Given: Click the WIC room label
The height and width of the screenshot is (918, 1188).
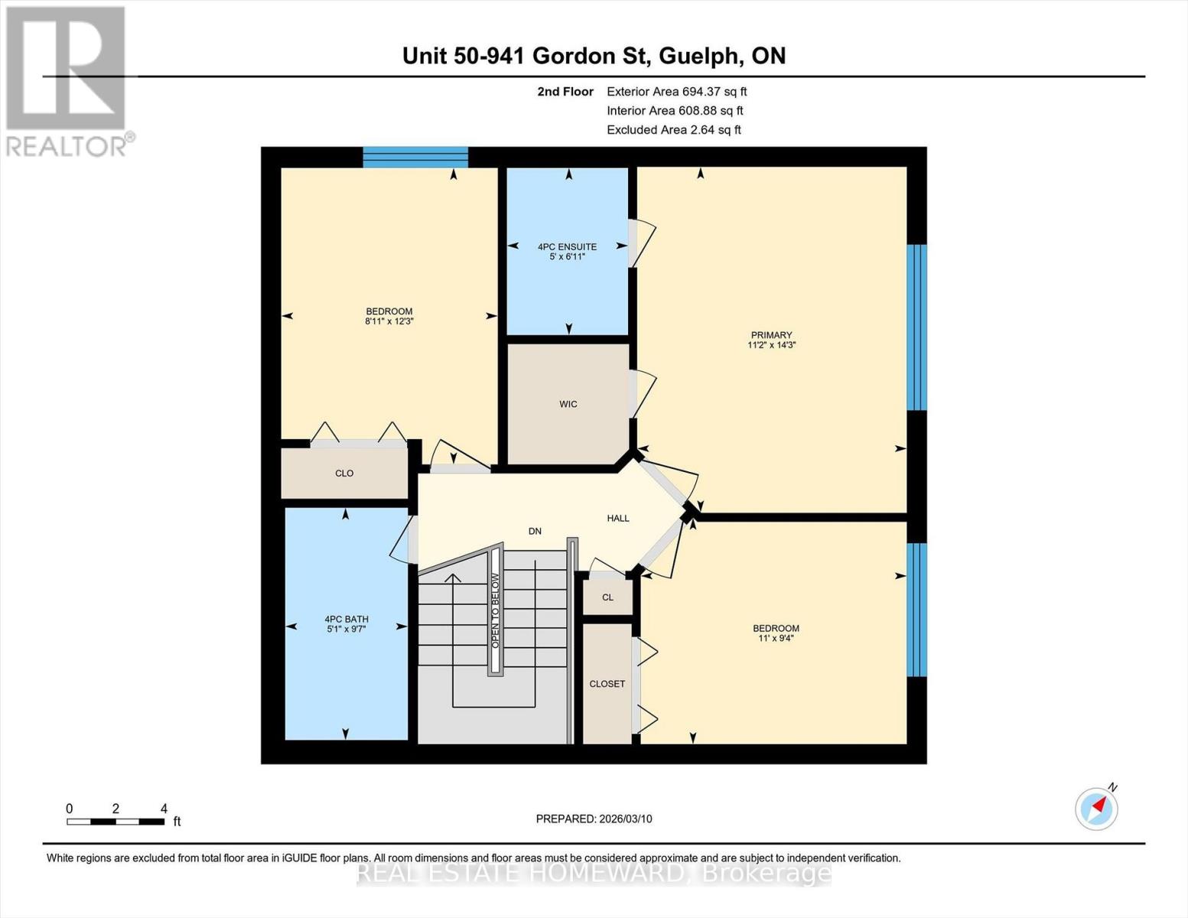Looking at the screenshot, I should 568,404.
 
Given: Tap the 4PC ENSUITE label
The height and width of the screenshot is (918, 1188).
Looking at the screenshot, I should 567,247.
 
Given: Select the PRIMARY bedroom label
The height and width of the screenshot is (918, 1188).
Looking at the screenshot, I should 771,335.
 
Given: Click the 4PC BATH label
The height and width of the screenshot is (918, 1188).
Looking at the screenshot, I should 346,620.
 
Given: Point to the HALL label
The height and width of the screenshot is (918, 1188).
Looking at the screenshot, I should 618,518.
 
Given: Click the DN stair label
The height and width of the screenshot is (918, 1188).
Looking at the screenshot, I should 535,531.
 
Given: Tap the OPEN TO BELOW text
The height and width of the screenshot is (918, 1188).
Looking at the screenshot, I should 495,610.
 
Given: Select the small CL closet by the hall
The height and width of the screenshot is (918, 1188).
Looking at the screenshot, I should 607,597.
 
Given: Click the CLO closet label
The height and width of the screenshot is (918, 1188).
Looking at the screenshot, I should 344,474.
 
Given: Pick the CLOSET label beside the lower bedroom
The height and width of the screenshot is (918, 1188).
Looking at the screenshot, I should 607,684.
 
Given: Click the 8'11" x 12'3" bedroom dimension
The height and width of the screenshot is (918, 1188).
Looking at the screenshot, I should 389,322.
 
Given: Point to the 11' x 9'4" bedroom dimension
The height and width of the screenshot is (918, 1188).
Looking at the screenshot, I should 776,638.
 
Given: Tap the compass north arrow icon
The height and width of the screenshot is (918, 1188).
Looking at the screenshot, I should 1097,808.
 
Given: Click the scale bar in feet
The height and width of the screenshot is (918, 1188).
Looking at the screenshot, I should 116,822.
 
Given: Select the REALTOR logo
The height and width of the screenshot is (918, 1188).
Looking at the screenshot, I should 67,80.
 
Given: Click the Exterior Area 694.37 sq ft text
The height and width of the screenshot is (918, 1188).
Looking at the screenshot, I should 676,92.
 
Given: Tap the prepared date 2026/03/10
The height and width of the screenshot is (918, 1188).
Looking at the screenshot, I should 594,819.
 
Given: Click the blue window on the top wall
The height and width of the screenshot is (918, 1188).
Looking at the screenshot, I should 415,157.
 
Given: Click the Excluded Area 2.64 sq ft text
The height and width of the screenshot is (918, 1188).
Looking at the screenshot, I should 673,130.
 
